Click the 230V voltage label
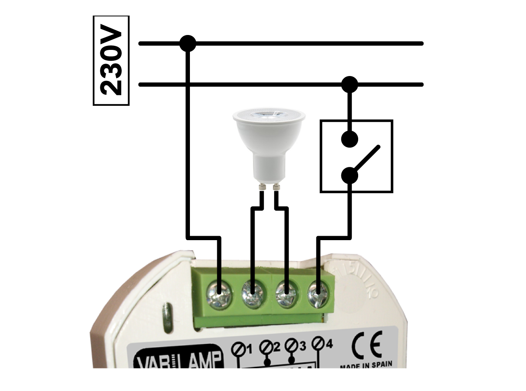(x=111, y=61)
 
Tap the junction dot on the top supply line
(x=188, y=43)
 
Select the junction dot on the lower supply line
(x=349, y=84)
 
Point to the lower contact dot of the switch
(x=349, y=176)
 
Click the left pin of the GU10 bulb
(x=262, y=187)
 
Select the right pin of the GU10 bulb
(x=276, y=187)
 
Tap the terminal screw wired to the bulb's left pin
(x=253, y=294)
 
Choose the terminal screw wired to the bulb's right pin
(x=286, y=294)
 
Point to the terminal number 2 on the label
(x=276, y=346)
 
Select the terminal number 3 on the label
(x=302, y=346)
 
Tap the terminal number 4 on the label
(x=329, y=344)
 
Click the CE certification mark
(x=366, y=345)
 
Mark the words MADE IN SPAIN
(x=366, y=365)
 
